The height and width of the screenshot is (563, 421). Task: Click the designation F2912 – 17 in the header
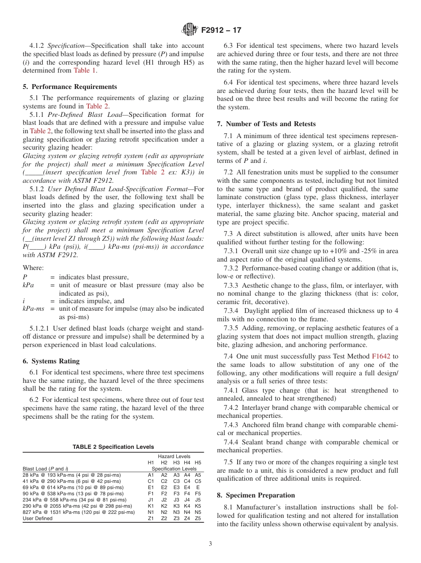(x=221, y=31)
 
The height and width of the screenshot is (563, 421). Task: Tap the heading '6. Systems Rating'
(x=51, y=361)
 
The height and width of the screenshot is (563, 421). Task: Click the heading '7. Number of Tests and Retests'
(x=265, y=124)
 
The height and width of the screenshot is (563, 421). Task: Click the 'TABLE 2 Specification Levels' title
(x=113, y=447)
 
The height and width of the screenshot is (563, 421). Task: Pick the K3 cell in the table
(x=176, y=506)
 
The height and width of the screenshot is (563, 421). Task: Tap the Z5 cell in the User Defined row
(x=198, y=518)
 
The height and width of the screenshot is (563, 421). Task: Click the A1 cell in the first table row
(x=151, y=475)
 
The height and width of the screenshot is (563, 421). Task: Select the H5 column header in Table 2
(x=198, y=463)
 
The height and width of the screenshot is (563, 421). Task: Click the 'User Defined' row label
(x=38, y=518)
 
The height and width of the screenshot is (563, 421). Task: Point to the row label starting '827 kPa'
(x=78, y=512)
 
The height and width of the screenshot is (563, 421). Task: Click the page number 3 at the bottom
(x=210, y=544)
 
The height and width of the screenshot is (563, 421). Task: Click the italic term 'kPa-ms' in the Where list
(x=33, y=308)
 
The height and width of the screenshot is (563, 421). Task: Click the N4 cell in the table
(x=187, y=512)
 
